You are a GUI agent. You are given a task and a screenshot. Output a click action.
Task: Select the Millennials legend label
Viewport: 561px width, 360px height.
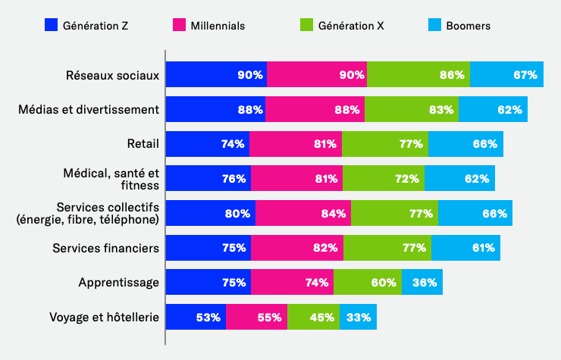click(217, 26)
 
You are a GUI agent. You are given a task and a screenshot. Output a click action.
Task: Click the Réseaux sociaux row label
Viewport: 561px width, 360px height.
click(113, 75)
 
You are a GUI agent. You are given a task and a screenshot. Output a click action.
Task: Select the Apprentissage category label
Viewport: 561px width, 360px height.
click(119, 283)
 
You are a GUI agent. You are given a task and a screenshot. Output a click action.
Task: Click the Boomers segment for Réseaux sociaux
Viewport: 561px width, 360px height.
click(506, 75)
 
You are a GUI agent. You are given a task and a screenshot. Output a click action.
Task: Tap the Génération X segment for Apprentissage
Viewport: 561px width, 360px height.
click(367, 283)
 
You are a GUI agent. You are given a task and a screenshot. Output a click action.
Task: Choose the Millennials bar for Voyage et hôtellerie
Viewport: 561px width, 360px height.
click(256, 317)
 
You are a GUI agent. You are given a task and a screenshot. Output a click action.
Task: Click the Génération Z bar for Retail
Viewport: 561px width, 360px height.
click(207, 144)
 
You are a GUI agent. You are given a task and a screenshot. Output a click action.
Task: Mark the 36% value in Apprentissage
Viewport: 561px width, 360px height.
click(424, 283)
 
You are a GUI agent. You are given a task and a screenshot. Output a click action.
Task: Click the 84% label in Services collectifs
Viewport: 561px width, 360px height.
click(334, 213)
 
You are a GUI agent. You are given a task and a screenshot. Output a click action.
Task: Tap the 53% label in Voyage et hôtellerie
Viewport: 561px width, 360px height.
click(208, 317)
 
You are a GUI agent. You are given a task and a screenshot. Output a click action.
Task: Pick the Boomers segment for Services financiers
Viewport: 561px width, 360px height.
click(465, 248)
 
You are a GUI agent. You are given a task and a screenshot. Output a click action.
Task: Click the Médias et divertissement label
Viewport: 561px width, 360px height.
click(89, 109)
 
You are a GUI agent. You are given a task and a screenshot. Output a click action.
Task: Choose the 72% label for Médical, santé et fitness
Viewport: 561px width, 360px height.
click(406, 179)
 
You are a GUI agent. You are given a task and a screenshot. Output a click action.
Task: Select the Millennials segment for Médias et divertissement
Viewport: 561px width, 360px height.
click(315, 109)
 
